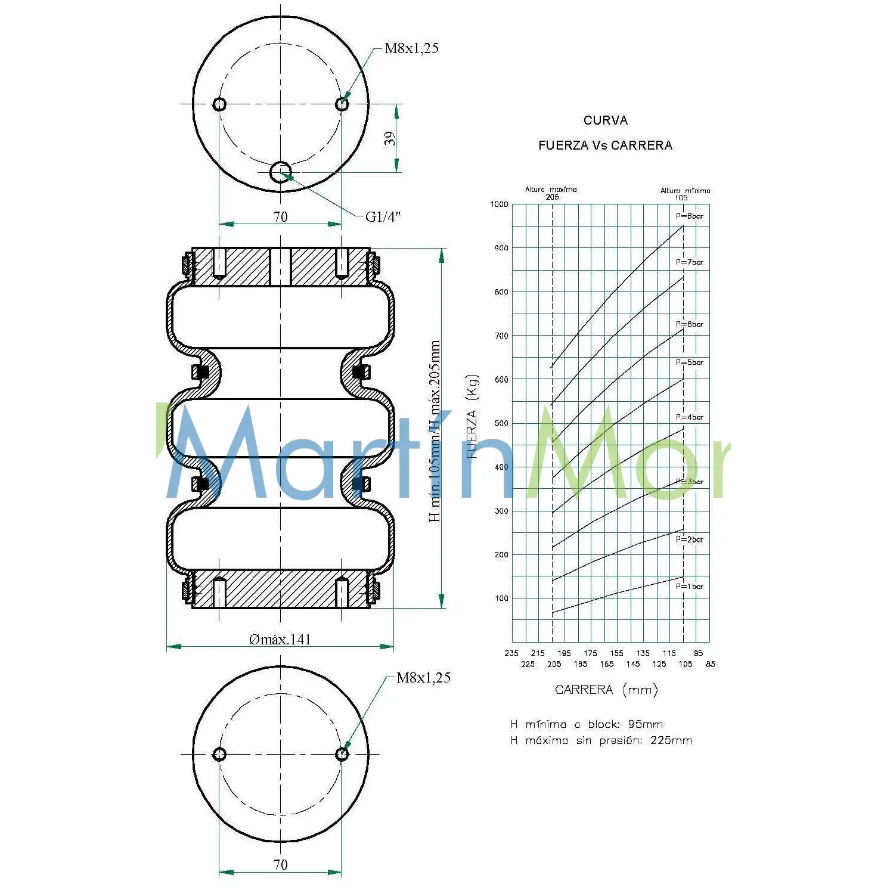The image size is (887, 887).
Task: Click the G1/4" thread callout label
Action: pyautogui.click(x=383, y=216)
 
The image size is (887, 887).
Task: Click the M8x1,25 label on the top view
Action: pyautogui.click(x=411, y=48)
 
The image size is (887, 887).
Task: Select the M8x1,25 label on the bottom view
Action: pyautogui.click(x=423, y=678)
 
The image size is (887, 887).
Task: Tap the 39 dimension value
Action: pyautogui.click(x=389, y=138)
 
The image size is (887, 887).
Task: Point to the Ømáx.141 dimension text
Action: pyautogui.click(x=280, y=640)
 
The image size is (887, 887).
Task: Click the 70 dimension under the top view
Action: pyautogui.click(x=280, y=217)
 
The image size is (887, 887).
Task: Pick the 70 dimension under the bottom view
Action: pyautogui.click(x=280, y=864)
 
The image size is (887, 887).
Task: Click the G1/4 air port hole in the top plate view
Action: pyautogui.click(x=280, y=172)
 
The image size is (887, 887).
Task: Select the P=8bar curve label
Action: pyautogui.click(x=689, y=216)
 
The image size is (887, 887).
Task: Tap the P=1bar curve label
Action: pyautogui.click(x=689, y=587)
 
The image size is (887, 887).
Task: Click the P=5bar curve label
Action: pyautogui.click(x=689, y=362)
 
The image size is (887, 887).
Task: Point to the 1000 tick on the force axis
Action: pyautogui.click(x=500, y=204)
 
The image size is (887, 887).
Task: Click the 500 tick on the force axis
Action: pyautogui.click(x=501, y=423)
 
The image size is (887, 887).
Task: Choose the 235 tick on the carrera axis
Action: pyautogui.click(x=511, y=653)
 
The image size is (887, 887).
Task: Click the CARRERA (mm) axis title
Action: pyautogui.click(x=606, y=690)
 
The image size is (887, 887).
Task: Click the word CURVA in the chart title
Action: pyautogui.click(x=605, y=120)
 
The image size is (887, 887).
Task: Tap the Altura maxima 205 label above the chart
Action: pyautogui.click(x=551, y=193)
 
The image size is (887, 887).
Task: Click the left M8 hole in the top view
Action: pyautogui.click(x=219, y=104)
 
